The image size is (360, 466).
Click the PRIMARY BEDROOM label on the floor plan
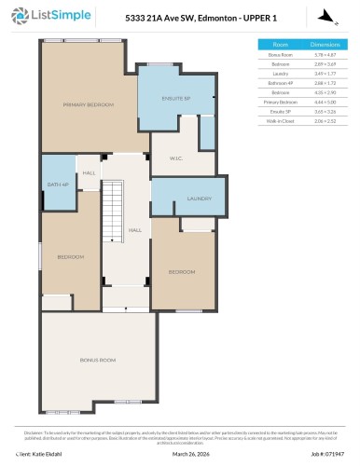pyautogui.click(x=89, y=104)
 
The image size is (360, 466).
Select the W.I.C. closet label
pyautogui.click(x=174, y=158)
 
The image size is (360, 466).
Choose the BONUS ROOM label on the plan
pyautogui.click(x=97, y=359)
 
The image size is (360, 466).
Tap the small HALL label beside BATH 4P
pyautogui.click(x=90, y=173)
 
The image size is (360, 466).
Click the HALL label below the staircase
pyautogui.click(x=134, y=229)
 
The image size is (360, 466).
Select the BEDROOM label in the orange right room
pyautogui.click(x=182, y=271)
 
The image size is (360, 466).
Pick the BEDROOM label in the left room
pyautogui.click(x=71, y=256)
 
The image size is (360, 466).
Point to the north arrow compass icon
pyautogui.click(x=323, y=16)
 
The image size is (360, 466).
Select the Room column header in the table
pyautogui.click(x=280, y=44)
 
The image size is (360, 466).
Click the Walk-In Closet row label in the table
pyautogui.click(x=280, y=121)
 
